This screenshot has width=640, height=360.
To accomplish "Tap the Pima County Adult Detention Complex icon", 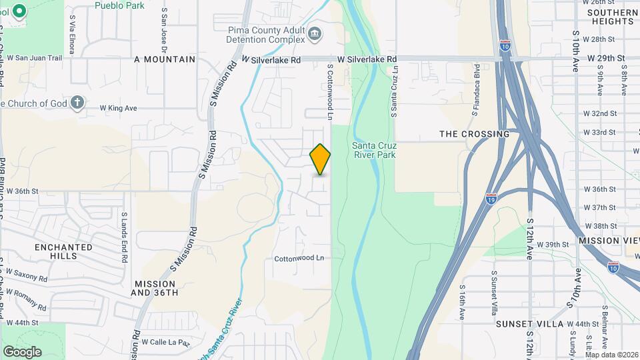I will click(315, 33).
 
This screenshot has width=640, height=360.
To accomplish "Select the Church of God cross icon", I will click(77, 103).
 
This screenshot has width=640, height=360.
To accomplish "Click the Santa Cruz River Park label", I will click(373, 150).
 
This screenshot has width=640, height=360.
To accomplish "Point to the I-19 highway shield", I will click(491, 198).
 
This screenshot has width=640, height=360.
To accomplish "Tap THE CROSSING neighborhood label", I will click(474, 134).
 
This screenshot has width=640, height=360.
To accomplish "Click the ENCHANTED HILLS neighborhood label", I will click(63, 251).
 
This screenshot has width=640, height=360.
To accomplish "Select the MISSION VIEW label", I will click(608, 240).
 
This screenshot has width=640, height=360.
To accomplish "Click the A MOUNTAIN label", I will click(165, 59).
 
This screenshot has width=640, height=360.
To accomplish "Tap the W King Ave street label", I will click(118, 108).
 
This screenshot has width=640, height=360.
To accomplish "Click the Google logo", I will click(22, 351).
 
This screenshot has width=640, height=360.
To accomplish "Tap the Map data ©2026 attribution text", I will click(611, 354).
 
